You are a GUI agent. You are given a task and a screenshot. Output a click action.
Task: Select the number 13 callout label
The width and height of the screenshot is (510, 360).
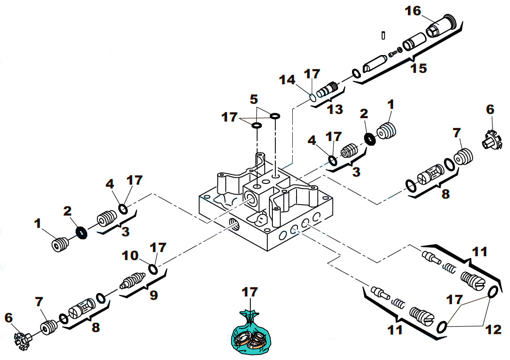tap(335, 110)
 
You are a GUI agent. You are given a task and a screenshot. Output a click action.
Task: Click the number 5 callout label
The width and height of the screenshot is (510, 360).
tap(253, 100)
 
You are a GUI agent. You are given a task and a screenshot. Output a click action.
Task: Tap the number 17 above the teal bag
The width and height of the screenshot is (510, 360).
tap(250, 292)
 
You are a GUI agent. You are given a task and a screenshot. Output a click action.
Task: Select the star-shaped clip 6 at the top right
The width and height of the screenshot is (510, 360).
tap(491, 139)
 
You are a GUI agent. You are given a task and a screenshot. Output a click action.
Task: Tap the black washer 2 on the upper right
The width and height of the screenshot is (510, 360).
tap(370, 138)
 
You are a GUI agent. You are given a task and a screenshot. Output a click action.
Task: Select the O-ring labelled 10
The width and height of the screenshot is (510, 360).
tap(153, 269)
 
